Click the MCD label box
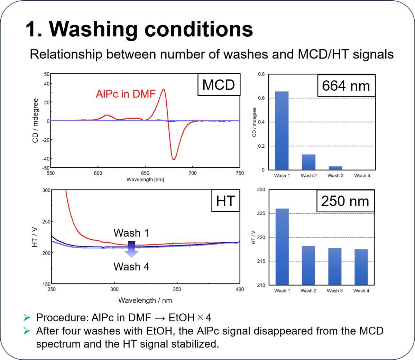(219, 84)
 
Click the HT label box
(225, 201)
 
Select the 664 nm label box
(346, 85)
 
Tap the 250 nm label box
(345, 201)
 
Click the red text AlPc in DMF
(126, 94)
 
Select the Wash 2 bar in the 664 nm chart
(308, 162)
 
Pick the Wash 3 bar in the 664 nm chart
(335, 168)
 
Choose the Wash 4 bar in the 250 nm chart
(361, 267)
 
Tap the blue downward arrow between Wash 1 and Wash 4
(131, 250)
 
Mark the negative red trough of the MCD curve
(174, 159)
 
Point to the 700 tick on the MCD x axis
(192, 173)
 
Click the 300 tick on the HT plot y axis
(46, 190)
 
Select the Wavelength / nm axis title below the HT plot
(145, 300)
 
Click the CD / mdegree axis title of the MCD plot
(35, 121)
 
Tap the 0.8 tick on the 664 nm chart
(261, 74)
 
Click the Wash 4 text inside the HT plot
(131, 267)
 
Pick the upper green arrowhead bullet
(26, 317)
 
